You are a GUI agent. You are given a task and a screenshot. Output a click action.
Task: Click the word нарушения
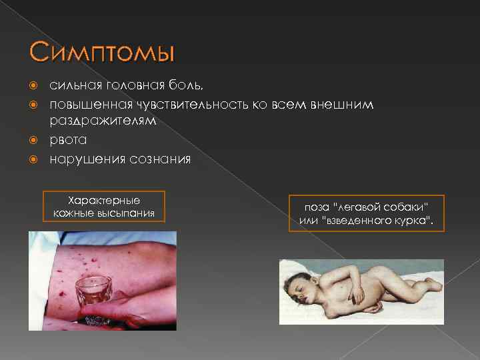85,159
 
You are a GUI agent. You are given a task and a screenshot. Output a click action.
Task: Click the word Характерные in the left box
104,200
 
